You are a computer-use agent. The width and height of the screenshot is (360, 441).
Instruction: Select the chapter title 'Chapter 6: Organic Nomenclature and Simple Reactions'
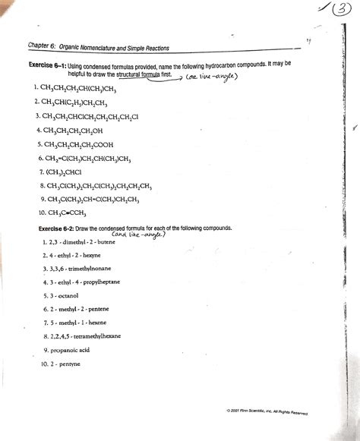pyautogui.click(x=98, y=47)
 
